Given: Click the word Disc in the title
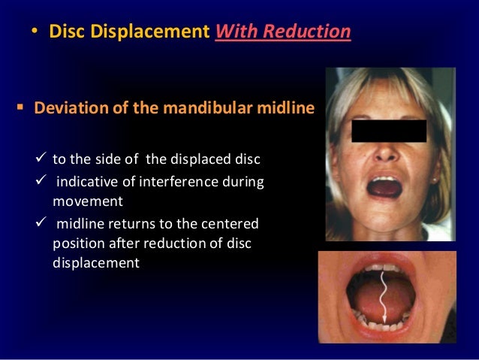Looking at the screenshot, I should [x=65, y=32].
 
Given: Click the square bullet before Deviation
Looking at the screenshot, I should [x=20, y=110].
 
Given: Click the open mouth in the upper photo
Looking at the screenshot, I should [x=384, y=188].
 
